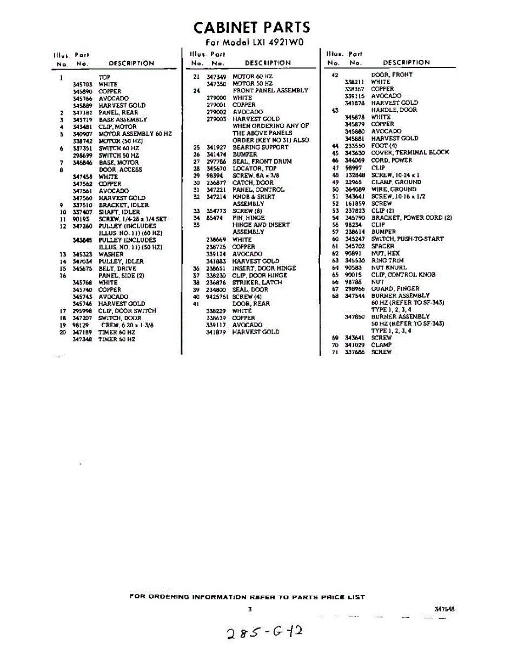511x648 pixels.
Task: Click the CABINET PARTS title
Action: pyautogui.click(x=252, y=27)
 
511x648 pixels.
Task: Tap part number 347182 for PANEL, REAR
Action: pyautogui.click(x=83, y=112)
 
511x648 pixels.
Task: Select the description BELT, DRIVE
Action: pyautogui.click(x=117, y=268)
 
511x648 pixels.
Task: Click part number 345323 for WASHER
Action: pyautogui.click(x=83, y=254)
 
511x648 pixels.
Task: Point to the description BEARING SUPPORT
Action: pyautogui.click(x=260, y=147)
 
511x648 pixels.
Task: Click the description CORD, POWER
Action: pyautogui.click(x=391, y=160)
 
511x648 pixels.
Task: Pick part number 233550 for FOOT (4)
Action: pyautogui.click(x=355, y=145)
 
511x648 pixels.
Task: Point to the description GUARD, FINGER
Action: pyautogui.click(x=395, y=289)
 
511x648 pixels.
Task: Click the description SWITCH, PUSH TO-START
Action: pyautogui.click(x=407, y=239)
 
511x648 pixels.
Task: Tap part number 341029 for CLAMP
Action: pyautogui.click(x=355, y=345)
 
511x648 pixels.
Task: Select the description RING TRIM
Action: pyautogui.click(x=388, y=260)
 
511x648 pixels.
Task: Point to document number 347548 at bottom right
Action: pyautogui.click(x=444, y=609)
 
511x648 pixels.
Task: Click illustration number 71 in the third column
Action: pyautogui.click(x=335, y=352)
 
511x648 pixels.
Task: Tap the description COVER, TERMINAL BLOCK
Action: pyautogui.click(x=410, y=153)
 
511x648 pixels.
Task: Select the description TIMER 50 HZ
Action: pyautogui.click(x=116, y=339)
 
